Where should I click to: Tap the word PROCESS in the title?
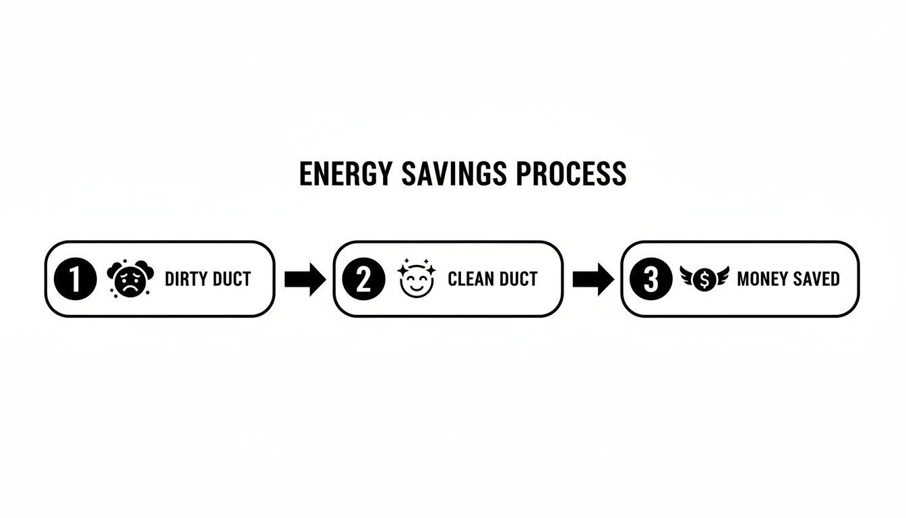(572, 174)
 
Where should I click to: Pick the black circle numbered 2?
(363, 279)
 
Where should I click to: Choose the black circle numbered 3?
(651, 279)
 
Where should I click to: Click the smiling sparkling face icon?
(413, 279)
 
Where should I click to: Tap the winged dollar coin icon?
(704, 279)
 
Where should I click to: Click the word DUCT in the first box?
(231, 279)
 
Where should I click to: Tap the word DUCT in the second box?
(518, 279)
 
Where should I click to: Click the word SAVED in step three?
(818, 279)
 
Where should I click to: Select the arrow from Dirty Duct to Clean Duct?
(305, 279)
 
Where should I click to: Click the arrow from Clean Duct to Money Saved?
(593, 279)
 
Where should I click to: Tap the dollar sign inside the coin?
(704, 279)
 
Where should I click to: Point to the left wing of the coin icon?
(688, 276)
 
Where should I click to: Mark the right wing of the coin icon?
(721, 276)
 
